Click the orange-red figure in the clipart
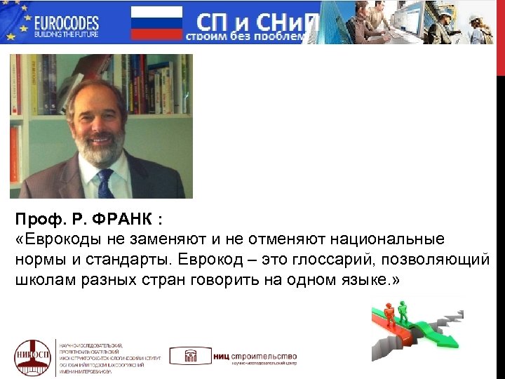click(x=386, y=313)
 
